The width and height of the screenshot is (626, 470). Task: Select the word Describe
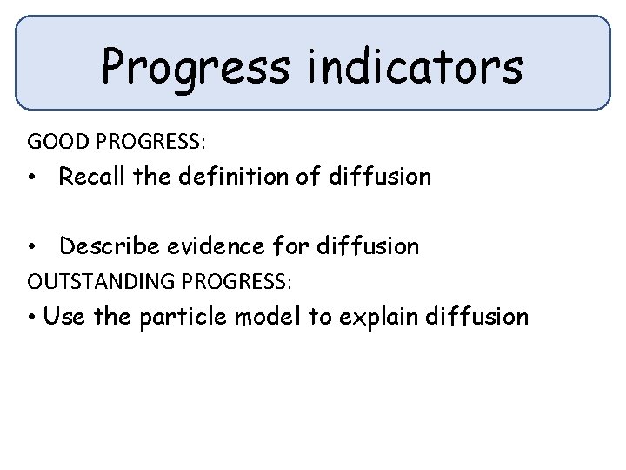(107, 247)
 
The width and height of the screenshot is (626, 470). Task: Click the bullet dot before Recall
(30, 178)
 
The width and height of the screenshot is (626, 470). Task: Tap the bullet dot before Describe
(30, 248)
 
